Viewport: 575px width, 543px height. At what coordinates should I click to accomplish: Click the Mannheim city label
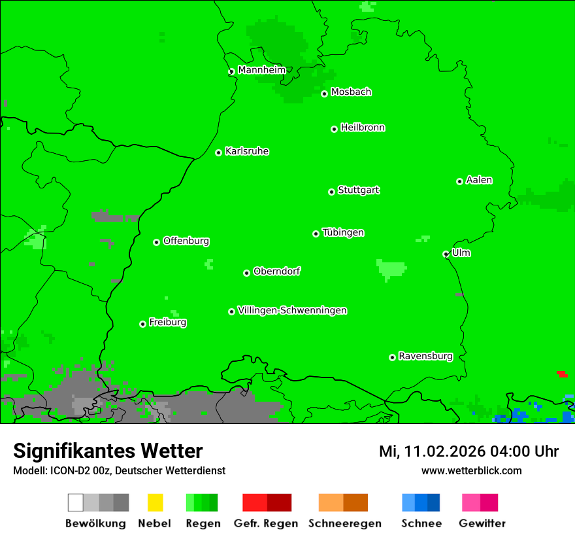(261, 70)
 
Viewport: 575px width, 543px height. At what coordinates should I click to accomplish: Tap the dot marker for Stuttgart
(331, 192)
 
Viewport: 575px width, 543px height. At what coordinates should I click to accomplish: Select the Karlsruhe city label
(246, 151)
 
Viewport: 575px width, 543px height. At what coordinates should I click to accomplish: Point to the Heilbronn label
(363, 128)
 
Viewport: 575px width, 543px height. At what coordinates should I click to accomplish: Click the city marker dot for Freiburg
(142, 324)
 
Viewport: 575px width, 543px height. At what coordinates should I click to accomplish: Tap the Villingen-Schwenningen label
(292, 310)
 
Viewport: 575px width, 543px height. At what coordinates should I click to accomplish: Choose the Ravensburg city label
(425, 356)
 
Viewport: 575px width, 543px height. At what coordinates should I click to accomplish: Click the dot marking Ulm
(446, 254)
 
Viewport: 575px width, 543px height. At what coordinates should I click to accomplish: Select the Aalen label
(479, 180)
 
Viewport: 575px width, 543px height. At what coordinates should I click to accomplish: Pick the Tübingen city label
(343, 232)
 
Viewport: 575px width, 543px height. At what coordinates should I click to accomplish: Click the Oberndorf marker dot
(246, 273)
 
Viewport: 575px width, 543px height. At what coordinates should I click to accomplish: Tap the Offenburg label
(186, 241)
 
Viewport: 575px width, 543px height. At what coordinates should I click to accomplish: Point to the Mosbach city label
(351, 92)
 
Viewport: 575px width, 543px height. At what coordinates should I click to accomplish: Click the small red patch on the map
(562, 374)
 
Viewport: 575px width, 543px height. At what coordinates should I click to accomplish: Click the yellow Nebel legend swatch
(155, 502)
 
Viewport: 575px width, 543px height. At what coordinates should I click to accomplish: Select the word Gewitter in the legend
(482, 523)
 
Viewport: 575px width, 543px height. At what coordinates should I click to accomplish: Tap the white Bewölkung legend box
(76, 502)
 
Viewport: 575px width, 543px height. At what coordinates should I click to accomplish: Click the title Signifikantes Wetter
(108, 451)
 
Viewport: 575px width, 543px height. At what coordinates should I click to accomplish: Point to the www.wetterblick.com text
(471, 470)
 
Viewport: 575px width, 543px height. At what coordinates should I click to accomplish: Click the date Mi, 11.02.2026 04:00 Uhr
(468, 451)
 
